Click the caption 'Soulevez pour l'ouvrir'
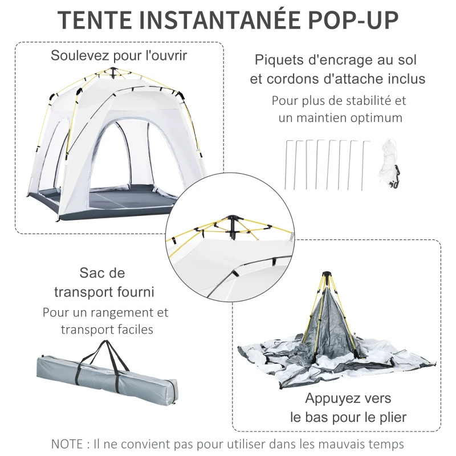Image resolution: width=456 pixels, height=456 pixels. (119, 56)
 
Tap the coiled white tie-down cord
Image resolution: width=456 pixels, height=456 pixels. (389, 162)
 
